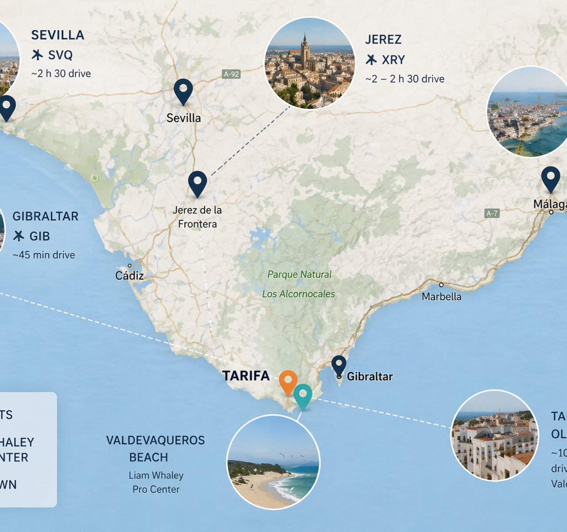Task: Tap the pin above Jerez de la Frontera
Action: pos(197,182)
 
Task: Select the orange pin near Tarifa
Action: pos(288,381)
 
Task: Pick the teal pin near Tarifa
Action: pos(303,395)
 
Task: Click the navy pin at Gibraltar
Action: pos(339,365)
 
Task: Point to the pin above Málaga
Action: pos(551,178)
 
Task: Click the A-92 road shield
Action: pos(231,74)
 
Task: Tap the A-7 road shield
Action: pos(492,213)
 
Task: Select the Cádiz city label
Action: pos(129,276)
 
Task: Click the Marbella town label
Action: pos(441,297)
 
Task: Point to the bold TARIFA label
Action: pos(246,376)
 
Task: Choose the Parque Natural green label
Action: pos(299,274)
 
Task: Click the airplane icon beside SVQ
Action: pos(38,55)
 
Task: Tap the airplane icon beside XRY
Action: pos(371,60)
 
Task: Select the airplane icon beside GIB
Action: pos(19,236)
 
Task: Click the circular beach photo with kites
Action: pos(273,462)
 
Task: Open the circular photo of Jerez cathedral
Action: pos(310,63)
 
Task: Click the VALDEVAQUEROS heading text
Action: pos(155,440)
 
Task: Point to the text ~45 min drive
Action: pos(44,255)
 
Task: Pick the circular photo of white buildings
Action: pos(494,435)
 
